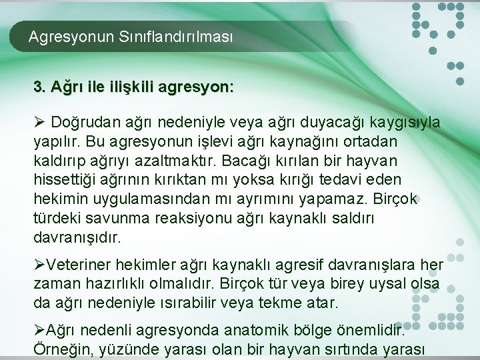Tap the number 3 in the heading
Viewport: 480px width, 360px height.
click(38, 87)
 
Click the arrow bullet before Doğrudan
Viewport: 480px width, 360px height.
click(39, 123)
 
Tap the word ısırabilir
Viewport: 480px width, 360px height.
click(179, 303)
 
